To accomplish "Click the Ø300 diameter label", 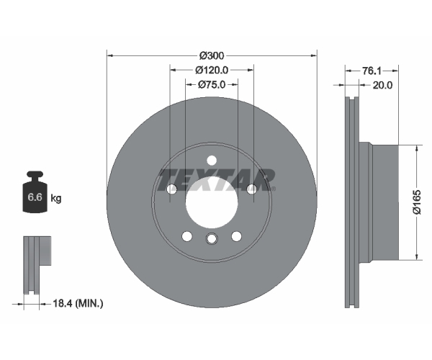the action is click(x=212, y=56).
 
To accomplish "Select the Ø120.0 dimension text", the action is click(x=212, y=71).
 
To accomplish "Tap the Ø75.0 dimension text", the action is click(x=212, y=84).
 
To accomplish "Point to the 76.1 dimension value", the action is click(x=372, y=71).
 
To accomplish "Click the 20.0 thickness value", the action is click(x=382, y=86).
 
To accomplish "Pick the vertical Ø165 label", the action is click(x=417, y=202).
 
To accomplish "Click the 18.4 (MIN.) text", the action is click(x=78, y=304).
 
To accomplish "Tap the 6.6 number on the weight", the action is click(x=35, y=197).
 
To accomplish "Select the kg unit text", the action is click(x=56, y=198).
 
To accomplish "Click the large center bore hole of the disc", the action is click(x=212, y=202).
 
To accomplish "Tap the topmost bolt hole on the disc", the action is click(x=212, y=161).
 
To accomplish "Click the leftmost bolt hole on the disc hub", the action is click(x=172, y=189).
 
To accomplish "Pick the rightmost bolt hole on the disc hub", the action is click(x=251, y=189).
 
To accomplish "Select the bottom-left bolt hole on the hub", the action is click(x=187, y=236).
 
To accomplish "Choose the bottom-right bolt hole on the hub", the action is click(x=236, y=236).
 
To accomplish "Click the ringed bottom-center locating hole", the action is click(x=212, y=238).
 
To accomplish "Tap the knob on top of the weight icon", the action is click(x=35, y=174).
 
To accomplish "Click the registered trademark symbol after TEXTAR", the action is click(x=274, y=189).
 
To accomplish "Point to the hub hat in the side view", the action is click(x=379, y=201).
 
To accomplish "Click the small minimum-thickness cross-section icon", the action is click(x=37, y=265).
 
